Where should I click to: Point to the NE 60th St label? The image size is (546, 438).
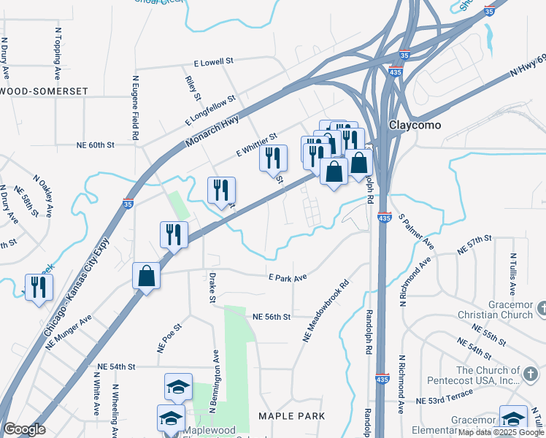[96, 145]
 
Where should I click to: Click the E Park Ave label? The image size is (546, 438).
[287, 277]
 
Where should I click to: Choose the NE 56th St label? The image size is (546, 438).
[272, 317]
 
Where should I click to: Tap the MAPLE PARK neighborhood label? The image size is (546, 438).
[291, 416]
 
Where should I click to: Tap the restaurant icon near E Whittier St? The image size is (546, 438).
[274, 158]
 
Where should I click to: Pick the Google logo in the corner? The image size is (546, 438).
[24, 429]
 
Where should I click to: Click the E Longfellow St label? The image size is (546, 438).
[211, 109]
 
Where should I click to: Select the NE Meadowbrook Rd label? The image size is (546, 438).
[326, 312]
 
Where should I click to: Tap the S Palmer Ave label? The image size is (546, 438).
[417, 230]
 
